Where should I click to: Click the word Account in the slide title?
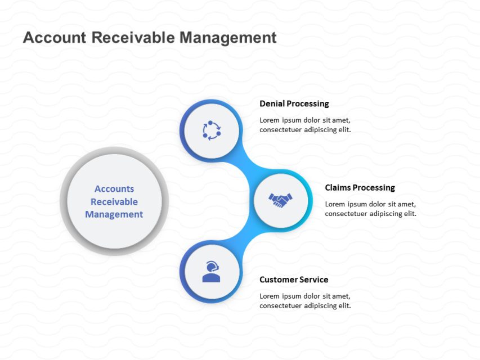click(x=55, y=38)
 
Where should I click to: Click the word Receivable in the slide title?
click(x=133, y=38)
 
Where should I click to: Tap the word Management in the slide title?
click(x=228, y=38)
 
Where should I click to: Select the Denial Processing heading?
click(x=294, y=103)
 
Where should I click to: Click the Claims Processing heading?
click(x=360, y=188)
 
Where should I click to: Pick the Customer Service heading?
click(x=294, y=280)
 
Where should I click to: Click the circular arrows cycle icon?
click(x=212, y=130)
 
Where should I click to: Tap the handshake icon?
click(x=280, y=200)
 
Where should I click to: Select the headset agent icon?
click(x=211, y=272)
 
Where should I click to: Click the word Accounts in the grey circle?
click(x=114, y=189)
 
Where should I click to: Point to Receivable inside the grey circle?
click(x=114, y=202)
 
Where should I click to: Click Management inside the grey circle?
click(x=114, y=214)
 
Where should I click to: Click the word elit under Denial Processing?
click(x=345, y=129)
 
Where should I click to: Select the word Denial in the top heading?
click(x=272, y=103)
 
